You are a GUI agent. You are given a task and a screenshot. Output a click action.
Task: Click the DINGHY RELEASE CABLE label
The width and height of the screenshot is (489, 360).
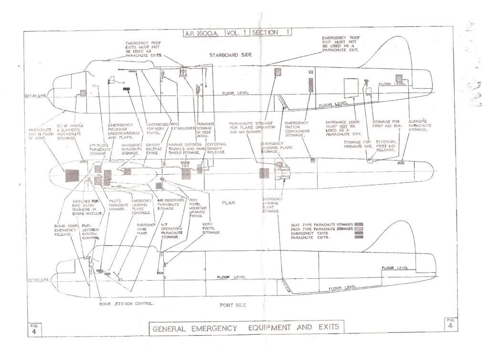pyautogui.click(x=152, y=150)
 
